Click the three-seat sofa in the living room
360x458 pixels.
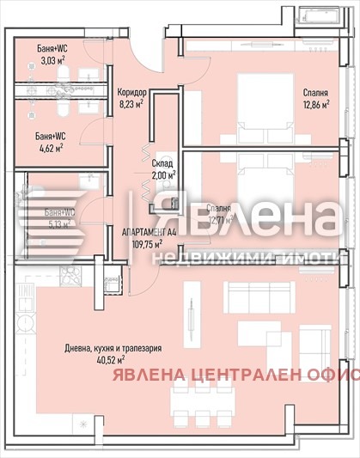(x=259, y=297)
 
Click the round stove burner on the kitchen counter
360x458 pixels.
(x=24, y=322)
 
